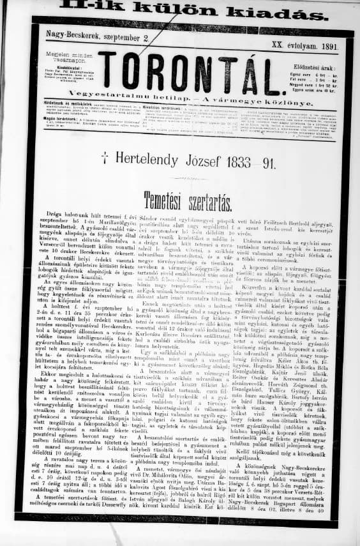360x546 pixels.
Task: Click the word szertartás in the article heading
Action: pyautogui.click(x=207, y=197)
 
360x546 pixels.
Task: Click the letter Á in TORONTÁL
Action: pyautogui.click(x=240, y=70)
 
